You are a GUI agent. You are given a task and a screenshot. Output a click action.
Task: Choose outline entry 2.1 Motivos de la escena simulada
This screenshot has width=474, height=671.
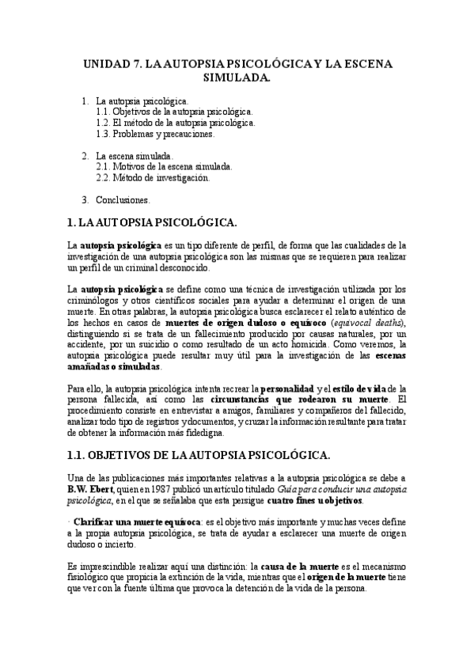(164, 167)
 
